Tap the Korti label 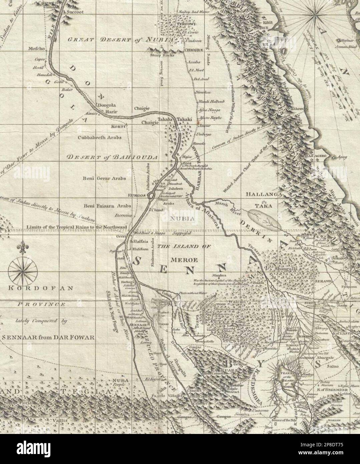[x=118, y=127]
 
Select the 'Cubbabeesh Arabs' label [x=99, y=137]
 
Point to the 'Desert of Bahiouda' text [x=112, y=157]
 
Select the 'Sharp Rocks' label [x=161, y=55]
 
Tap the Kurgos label [x=137, y=195]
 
